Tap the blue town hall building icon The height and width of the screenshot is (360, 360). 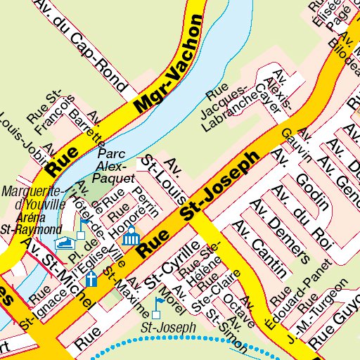(130, 237)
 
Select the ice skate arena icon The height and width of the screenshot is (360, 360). (65, 243)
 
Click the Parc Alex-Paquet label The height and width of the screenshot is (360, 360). (115, 165)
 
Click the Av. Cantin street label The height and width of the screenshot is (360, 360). (261, 249)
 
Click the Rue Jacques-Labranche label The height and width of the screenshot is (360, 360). (230, 108)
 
